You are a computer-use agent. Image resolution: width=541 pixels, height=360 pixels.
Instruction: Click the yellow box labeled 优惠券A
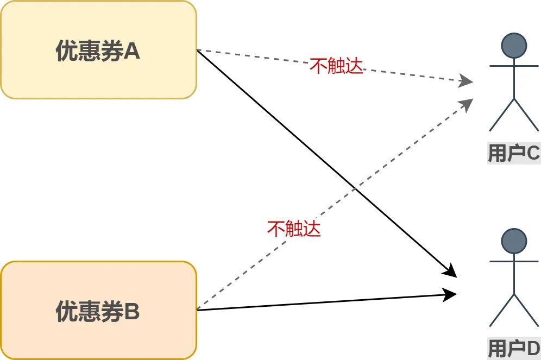point(98,49)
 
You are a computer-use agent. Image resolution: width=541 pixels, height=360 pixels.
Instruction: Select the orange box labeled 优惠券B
point(98,310)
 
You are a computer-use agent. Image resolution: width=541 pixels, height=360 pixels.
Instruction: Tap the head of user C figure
point(513,46)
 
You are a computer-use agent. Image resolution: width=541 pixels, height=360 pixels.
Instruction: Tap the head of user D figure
point(513,241)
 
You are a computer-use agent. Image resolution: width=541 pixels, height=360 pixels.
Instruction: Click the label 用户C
point(513,154)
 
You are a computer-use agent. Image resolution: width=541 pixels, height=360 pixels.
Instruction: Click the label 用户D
point(513,349)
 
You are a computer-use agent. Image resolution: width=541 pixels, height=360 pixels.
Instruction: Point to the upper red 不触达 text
point(336,66)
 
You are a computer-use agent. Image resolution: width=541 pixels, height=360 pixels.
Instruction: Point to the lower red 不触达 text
point(294,229)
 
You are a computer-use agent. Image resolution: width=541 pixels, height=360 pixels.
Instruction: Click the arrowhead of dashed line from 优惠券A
point(467,82)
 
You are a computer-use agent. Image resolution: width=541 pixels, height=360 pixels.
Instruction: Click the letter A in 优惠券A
point(132,52)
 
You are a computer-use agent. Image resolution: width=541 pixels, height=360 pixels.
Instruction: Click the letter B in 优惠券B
point(132,312)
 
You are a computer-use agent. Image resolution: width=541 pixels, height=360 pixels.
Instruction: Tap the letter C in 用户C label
point(533,154)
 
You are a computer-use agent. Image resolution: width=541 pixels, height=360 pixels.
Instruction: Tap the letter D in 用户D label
point(533,349)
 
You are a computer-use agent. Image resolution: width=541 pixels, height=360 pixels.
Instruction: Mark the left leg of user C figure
point(501,115)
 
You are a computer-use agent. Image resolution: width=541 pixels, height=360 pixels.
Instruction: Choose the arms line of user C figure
point(513,66)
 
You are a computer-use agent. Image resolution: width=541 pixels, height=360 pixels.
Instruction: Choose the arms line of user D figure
point(513,261)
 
